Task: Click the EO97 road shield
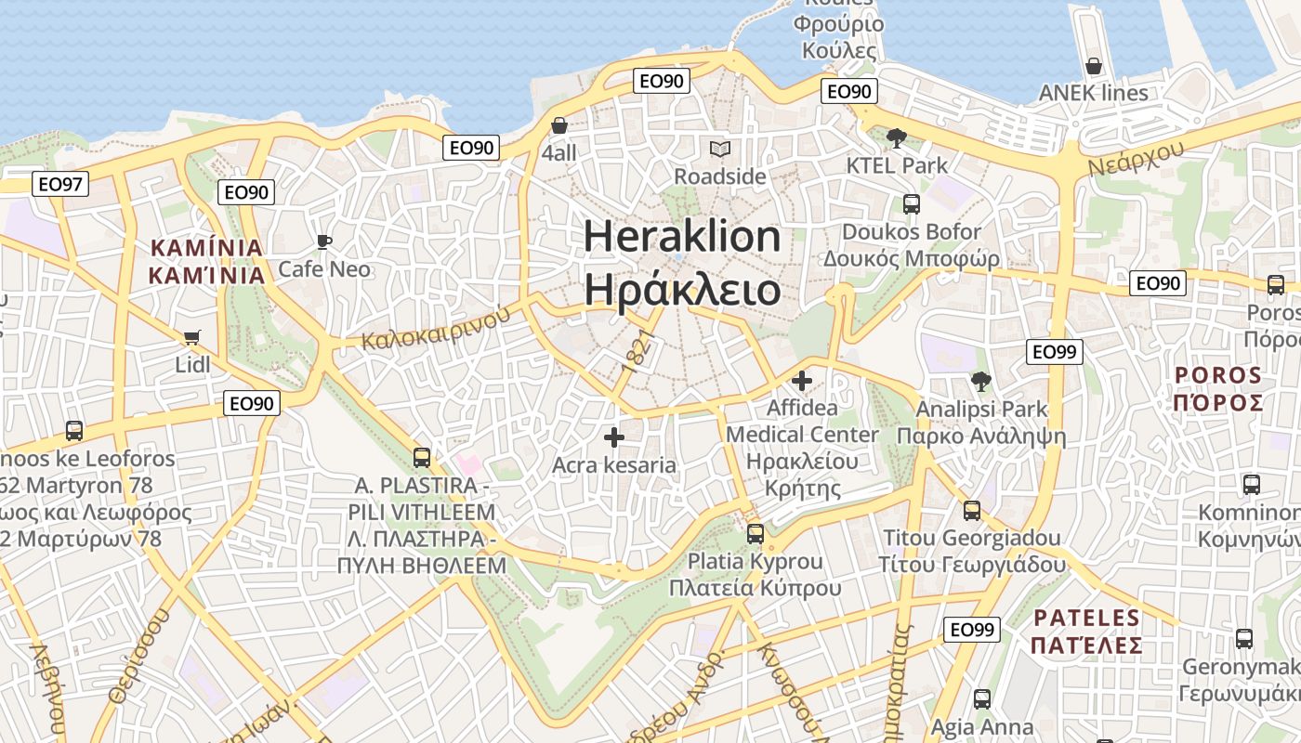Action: [60, 184]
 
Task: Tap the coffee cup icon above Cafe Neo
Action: [323, 242]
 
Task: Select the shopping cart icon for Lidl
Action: [192, 337]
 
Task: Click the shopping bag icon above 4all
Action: [559, 125]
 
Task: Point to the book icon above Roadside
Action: [719, 149]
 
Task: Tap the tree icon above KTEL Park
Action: [897, 138]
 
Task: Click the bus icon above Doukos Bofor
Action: [911, 204]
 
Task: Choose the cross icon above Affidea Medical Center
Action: [801, 381]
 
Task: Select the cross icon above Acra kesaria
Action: [613, 437]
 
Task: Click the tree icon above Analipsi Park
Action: [980, 381]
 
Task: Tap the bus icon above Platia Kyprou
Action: [755, 534]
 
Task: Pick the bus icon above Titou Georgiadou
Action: [971, 510]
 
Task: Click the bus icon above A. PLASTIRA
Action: [421, 457]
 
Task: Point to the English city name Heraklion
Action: [682, 236]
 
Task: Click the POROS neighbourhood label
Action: [1218, 375]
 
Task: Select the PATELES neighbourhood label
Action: [1087, 618]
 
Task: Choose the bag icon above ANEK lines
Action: [1094, 66]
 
